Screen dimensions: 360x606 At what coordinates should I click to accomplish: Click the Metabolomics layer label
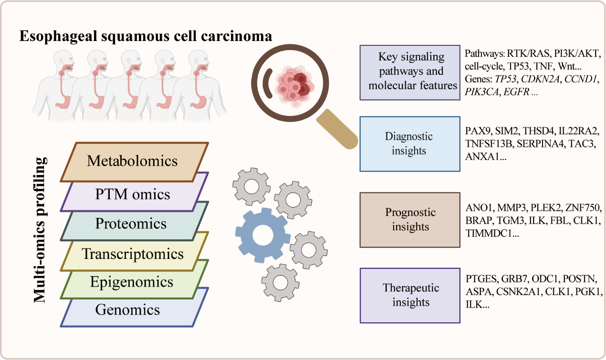click(132, 161)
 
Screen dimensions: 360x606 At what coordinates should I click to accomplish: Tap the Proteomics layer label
click(131, 223)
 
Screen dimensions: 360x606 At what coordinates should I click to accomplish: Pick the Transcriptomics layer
click(133, 254)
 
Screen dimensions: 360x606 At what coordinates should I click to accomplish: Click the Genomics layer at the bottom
click(127, 310)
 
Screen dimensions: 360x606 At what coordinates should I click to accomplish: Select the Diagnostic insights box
click(410, 144)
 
